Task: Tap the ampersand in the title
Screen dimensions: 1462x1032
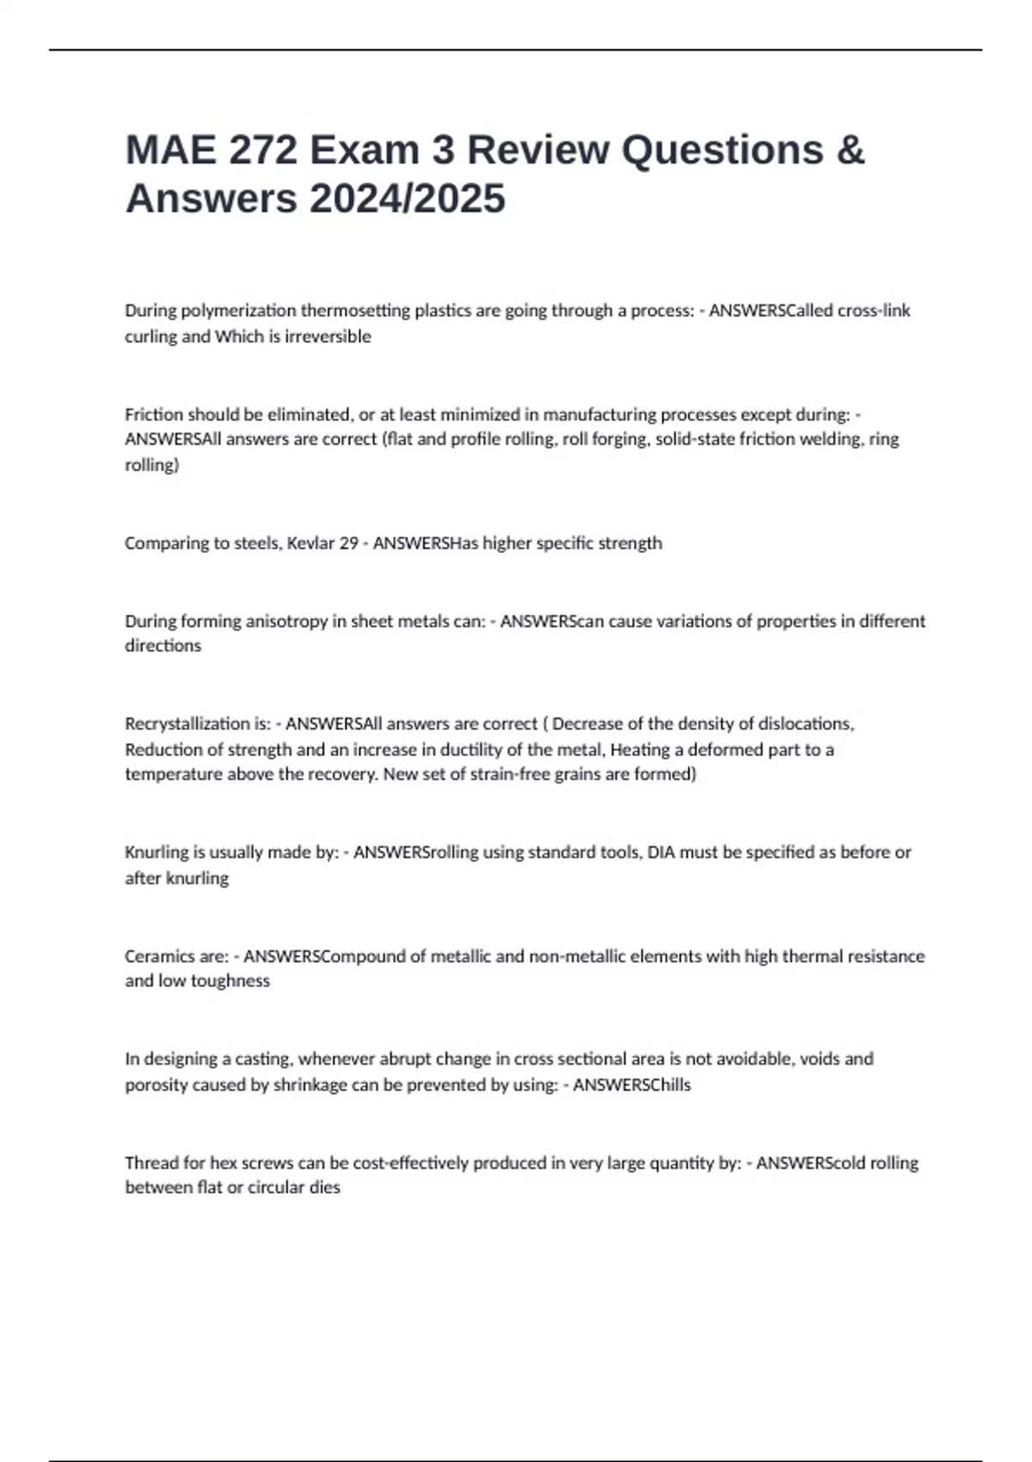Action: tap(850, 150)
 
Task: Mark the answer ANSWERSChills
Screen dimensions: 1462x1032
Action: tap(631, 1085)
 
